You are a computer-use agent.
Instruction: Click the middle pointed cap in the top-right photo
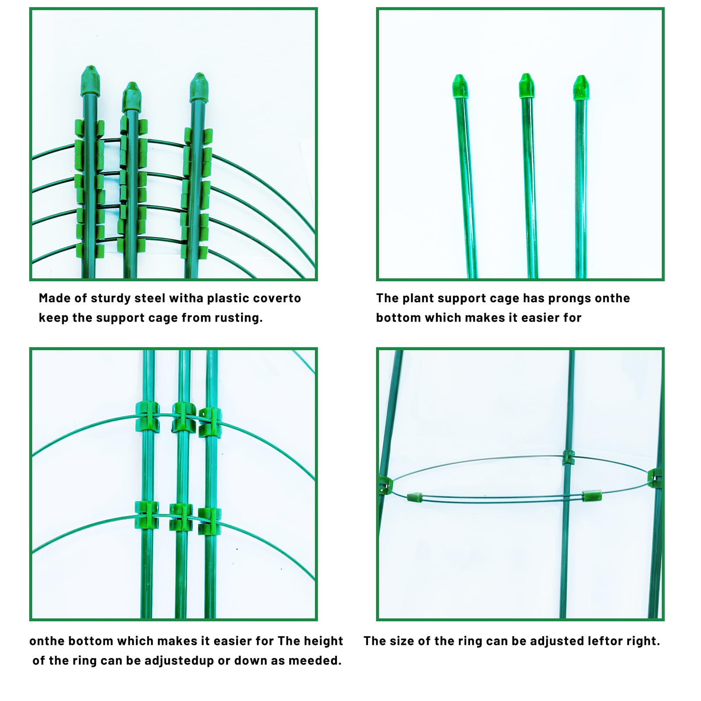526,85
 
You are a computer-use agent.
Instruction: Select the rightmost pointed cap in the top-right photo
581,88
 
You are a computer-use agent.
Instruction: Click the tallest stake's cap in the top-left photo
90,81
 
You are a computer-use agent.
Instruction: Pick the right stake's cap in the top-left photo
199,88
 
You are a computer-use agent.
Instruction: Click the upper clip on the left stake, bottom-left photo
147,416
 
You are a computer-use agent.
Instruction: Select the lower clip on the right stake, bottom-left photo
209,520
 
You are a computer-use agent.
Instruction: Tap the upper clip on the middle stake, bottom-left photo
183,417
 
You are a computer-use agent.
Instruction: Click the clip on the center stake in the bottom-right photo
568,457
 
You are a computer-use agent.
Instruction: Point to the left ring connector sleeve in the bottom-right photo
415,497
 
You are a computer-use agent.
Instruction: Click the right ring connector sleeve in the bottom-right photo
591,496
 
